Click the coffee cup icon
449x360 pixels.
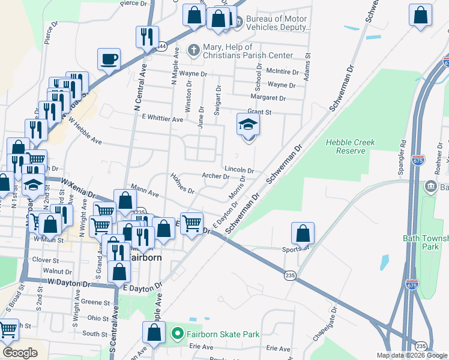[x=109, y=59]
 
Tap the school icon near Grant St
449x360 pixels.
[x=249, y=124]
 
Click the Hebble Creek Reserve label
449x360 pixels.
[x=350, y=146]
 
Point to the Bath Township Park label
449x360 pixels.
[x=426, y=242]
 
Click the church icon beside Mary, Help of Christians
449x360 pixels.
[x=193, y=50]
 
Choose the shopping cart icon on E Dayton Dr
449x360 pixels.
[x=191, y=224]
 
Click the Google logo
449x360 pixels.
[x=20, y=353]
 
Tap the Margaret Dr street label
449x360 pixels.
[x=268, y=98]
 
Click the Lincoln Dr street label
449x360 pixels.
[x=240, y=170]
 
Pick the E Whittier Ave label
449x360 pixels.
[x=162, y=119]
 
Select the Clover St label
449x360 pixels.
[x=46, y=260]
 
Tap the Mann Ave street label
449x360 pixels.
[x=145, y=194]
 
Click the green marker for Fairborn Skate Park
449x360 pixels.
[x=177, y=334]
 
